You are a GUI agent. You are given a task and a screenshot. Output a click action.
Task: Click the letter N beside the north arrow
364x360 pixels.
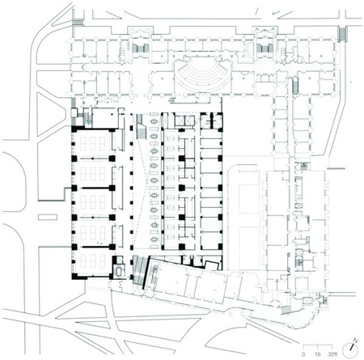(356, 341)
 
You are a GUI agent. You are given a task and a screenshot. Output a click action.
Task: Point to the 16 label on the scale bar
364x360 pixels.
(318, 354)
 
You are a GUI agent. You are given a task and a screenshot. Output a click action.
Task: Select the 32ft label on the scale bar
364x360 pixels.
(332, 354)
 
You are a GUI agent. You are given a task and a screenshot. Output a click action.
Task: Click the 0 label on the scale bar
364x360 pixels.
(303, 354)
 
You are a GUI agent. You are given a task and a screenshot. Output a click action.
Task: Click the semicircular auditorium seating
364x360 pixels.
(202, 77)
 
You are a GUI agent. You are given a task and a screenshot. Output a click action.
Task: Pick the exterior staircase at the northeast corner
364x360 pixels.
(343, 34)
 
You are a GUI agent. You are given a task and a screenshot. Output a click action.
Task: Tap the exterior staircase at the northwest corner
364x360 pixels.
(78, 23)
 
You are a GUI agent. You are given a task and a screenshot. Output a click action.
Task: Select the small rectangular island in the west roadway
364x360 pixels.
(48, 217)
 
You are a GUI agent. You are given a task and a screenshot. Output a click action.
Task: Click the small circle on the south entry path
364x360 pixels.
(230, 314)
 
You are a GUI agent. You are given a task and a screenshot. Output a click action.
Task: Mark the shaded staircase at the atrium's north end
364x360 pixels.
(141, 127)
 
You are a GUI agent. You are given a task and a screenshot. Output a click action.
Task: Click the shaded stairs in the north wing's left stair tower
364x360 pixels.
(140, 49)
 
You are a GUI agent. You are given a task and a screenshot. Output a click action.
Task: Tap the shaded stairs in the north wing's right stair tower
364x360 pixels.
(265, 48)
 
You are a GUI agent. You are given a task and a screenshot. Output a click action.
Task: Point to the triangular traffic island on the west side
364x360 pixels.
(51, 114)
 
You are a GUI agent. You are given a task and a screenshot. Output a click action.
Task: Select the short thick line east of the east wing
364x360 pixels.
(336, 168)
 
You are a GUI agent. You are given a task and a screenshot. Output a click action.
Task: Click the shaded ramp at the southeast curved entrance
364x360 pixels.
(286, 310)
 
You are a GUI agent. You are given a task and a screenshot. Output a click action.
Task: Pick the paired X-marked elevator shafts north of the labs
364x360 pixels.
(184, 121)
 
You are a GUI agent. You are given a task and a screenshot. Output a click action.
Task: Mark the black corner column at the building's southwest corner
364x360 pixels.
(74, 276)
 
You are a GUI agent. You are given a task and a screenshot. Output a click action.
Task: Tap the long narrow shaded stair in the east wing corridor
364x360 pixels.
(295, 86)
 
